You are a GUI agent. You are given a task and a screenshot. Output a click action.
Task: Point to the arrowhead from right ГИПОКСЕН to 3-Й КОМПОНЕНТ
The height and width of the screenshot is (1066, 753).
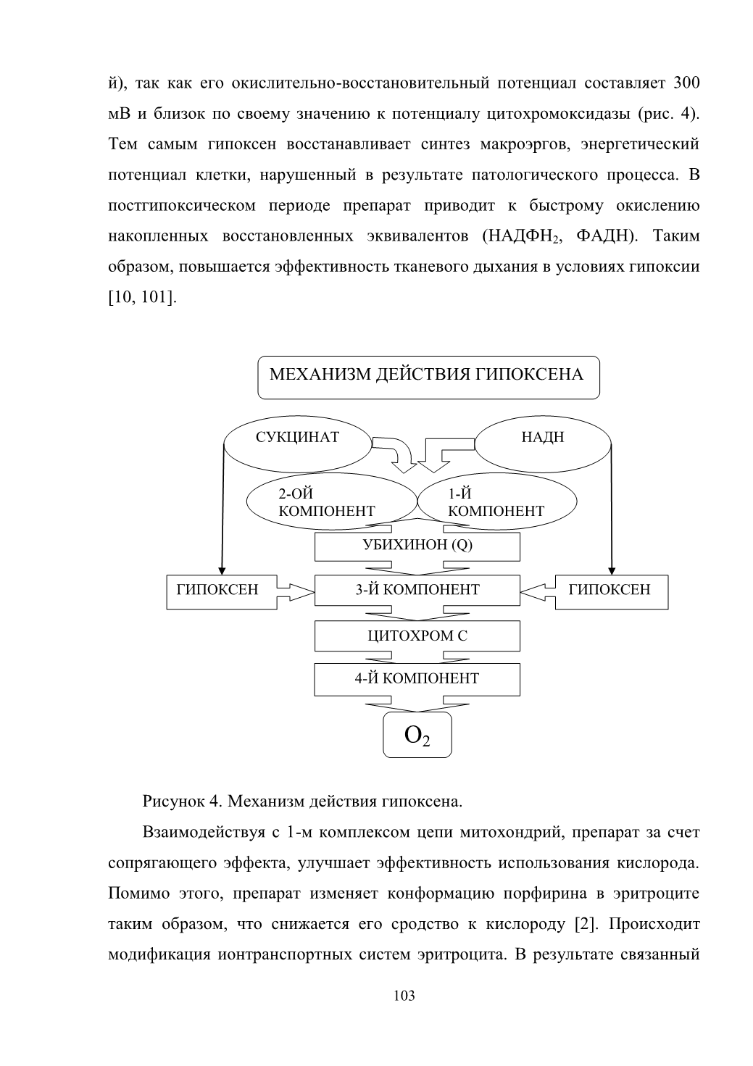tap(533, 592)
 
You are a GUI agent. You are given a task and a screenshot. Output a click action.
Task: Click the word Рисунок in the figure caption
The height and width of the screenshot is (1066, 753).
tap(172, 802)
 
